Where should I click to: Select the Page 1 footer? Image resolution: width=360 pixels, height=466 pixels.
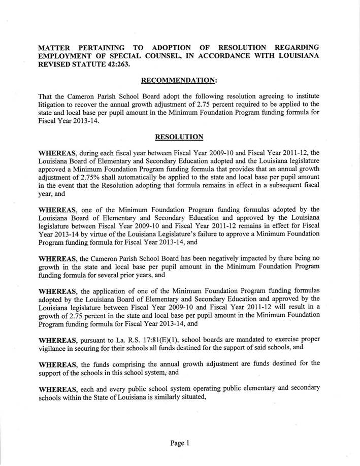click(x=180, y=443)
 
